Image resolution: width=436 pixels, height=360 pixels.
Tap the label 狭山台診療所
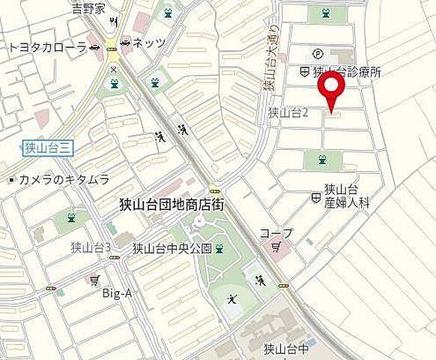[x=346, y=72]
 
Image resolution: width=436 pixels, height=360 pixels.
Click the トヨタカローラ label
[x=47, y=47]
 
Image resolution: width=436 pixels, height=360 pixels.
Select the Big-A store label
[x=118, y=293]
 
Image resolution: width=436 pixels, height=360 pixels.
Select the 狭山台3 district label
[x=91, y=247]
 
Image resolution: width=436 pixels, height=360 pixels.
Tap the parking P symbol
[x=317, y=54]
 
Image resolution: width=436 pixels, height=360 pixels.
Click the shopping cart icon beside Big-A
[x=94, y=280]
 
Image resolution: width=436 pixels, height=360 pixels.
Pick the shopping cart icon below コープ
[x=275, y=246]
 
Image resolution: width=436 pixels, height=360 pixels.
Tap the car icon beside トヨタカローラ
[x=95, y=47]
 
